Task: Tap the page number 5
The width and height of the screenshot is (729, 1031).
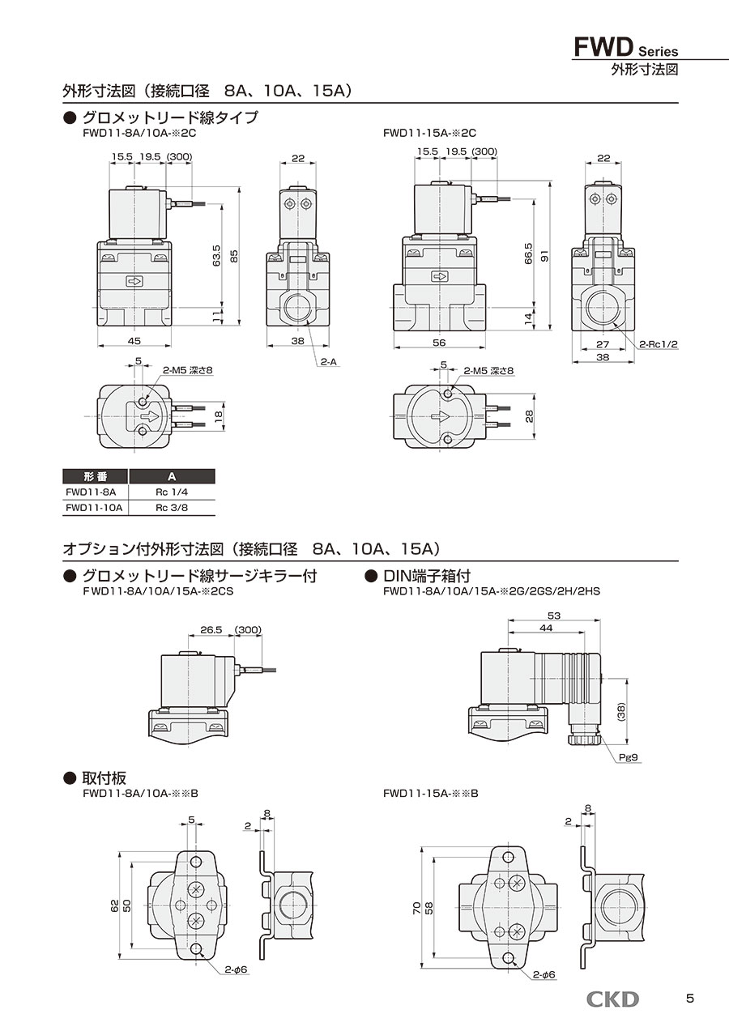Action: tap(689, 999)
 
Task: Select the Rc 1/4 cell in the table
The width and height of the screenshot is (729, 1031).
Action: tap(172, 492)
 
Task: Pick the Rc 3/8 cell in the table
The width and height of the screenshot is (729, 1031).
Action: tap(172, 507)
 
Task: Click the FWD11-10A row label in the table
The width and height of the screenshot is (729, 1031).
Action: tap(94, 507)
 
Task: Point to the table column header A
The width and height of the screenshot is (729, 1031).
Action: tap(172, 476)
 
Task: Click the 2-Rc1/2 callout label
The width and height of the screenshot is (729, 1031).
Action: tap(658, 344)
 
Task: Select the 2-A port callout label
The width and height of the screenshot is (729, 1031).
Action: tap(327, 362)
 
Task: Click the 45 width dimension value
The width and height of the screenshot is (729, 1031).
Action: tap(134, 341)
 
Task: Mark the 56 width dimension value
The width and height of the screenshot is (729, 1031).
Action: tap(439, 343)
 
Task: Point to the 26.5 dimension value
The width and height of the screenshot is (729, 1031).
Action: tap(210, 630)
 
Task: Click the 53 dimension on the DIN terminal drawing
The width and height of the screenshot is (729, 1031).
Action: tap(554, 616)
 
